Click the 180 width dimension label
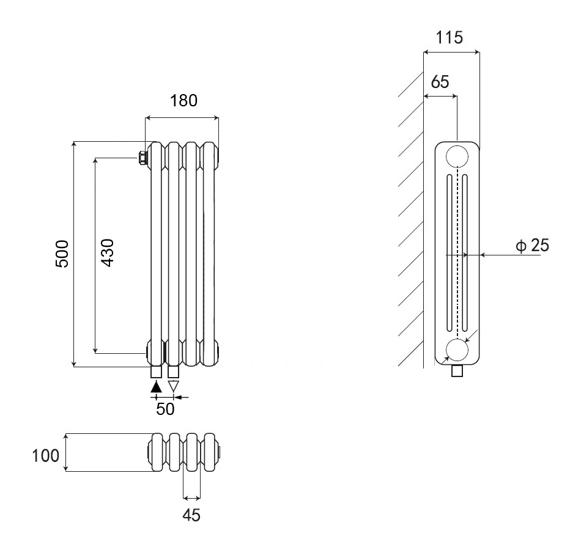tap(183, 101)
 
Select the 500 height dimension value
tap(62, 254)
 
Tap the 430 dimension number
tap(107, 254)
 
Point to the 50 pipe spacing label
tap(165, 409)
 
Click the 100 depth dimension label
tap(46, 456)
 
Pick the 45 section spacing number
tap(191, 515)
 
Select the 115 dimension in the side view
tap(450, 38)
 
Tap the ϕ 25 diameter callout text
tap(532, 246)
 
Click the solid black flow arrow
tap(156, 386)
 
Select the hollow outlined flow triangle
tap(174, 386)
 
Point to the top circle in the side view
tap(457, 156)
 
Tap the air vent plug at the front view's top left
tap(142, 158)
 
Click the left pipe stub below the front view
tap(156, 372)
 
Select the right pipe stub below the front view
tap(174, 372)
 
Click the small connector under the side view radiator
tap(457, 371)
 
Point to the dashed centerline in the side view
tap(457, 257)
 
